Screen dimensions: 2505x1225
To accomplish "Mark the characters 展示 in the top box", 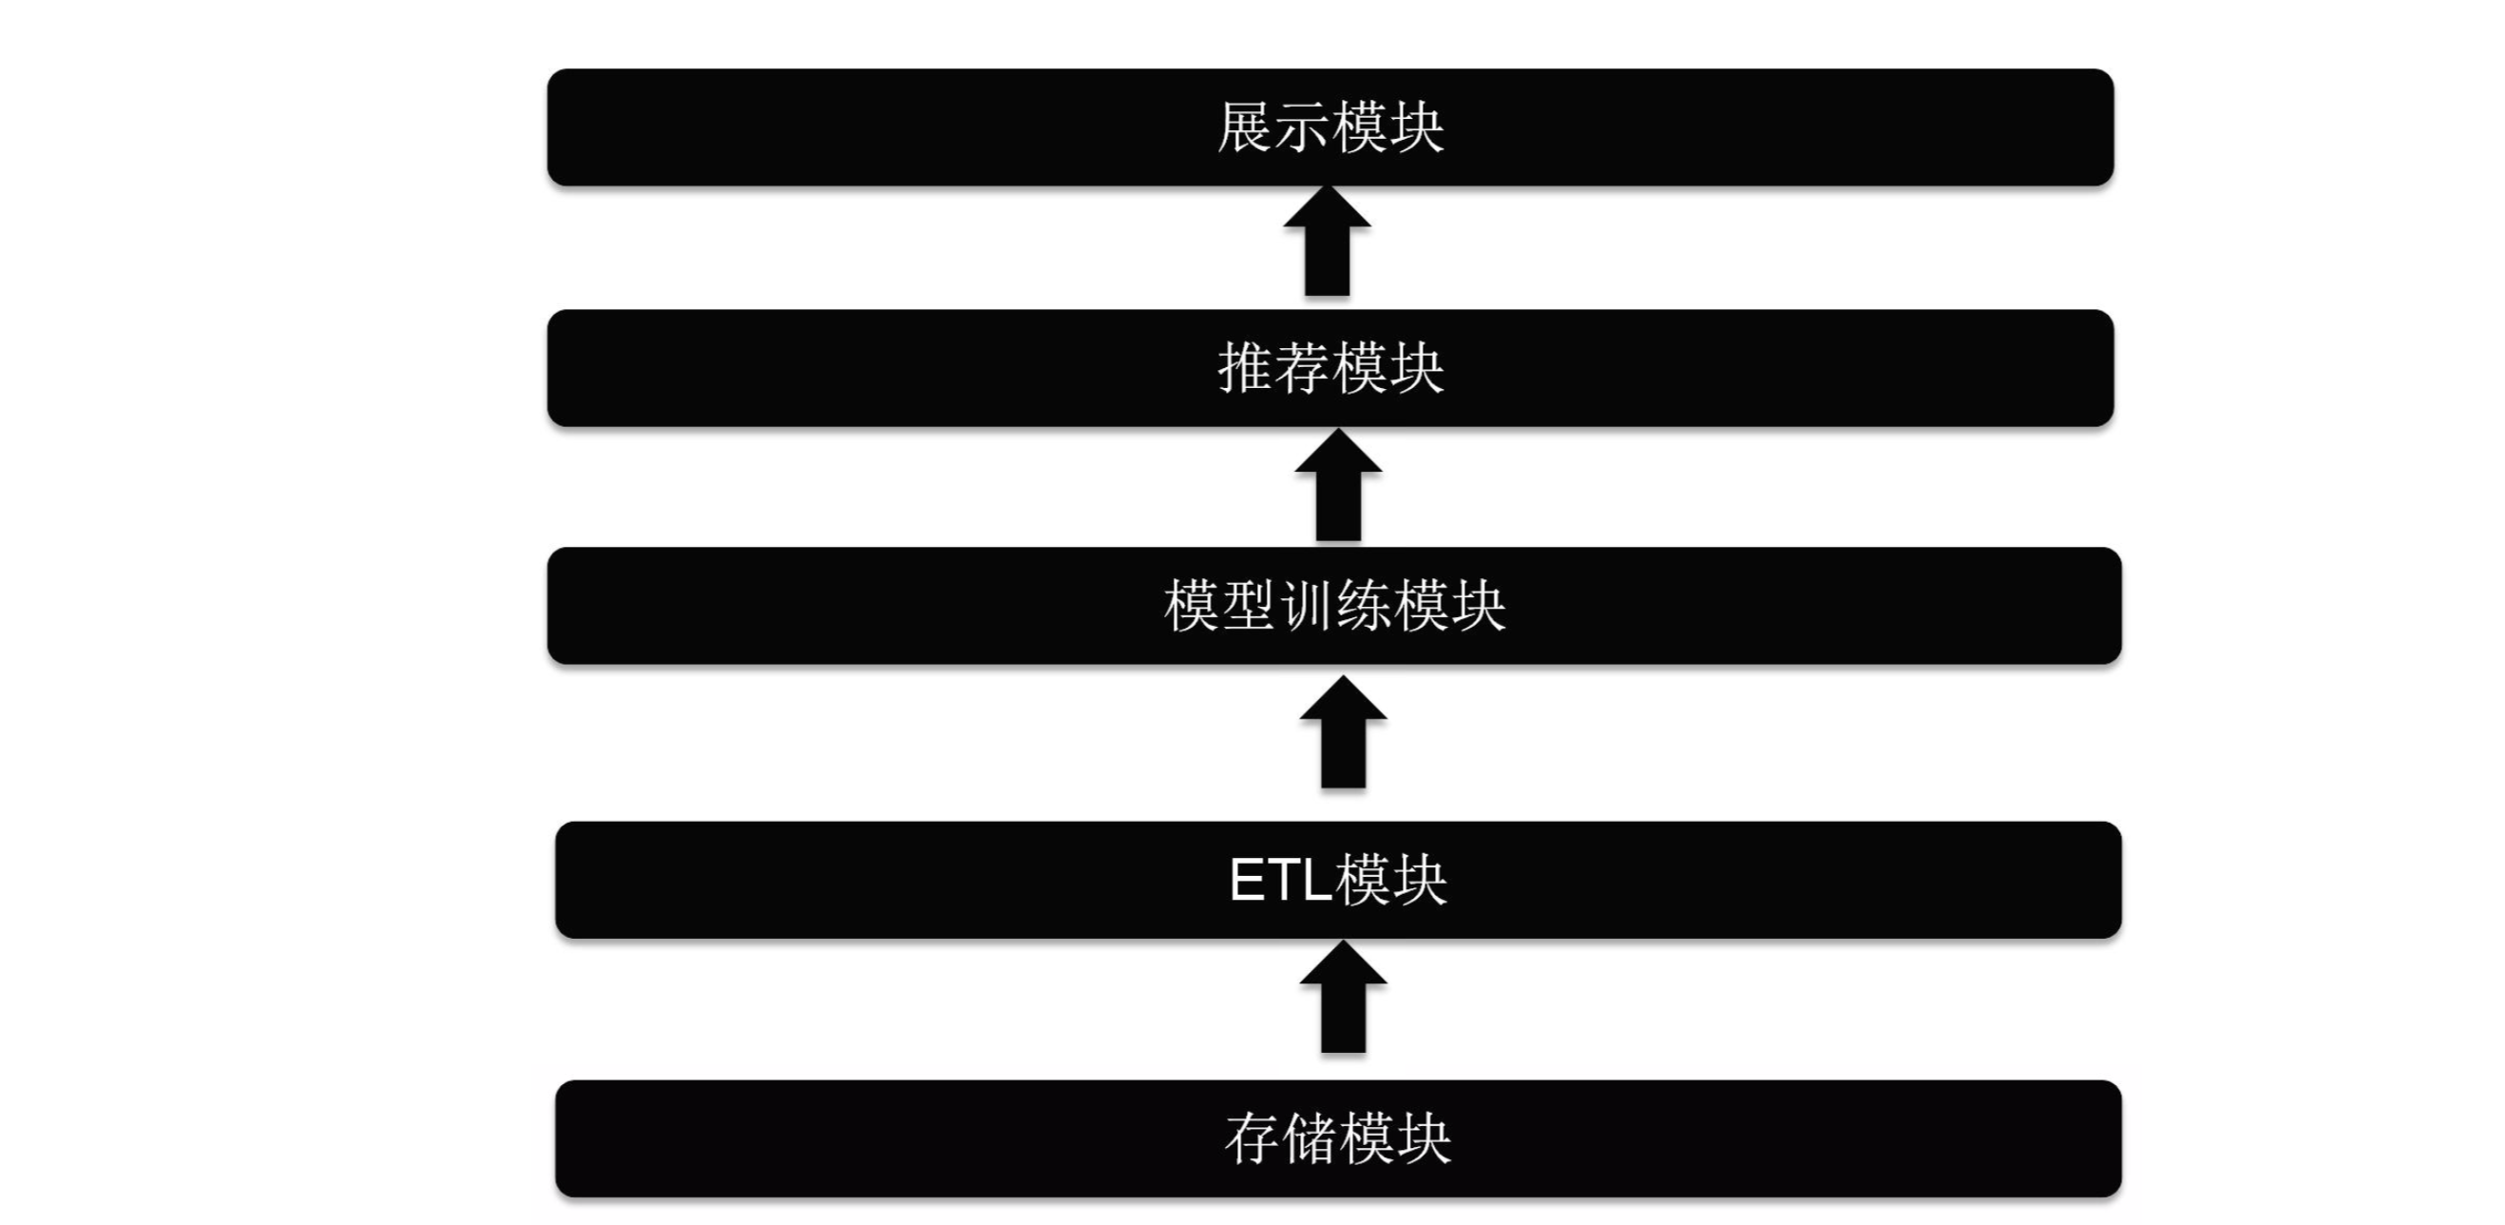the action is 1272,127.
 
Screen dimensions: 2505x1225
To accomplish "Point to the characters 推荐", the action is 1272,368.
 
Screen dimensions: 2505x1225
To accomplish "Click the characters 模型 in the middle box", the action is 1219,605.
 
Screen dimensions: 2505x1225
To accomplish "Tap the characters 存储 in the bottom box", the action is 1280,1139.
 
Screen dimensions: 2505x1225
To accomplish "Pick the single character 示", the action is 1302,127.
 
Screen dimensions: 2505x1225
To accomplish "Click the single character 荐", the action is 1302,368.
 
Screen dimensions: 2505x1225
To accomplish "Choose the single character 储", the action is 1309,1139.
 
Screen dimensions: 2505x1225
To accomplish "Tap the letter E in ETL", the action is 1248,881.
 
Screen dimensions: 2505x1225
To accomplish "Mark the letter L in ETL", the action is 1317,881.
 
